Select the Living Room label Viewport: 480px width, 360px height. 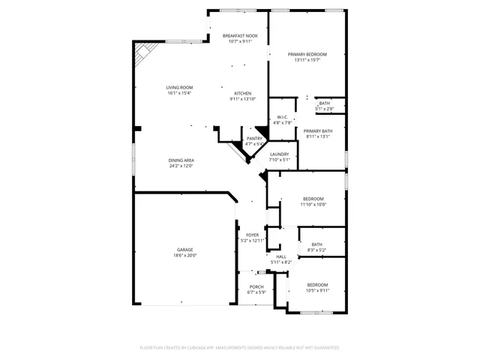[x=179, y=88]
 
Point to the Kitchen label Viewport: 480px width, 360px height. [x=242, y=94]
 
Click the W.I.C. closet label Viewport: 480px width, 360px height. [x=283, y=117]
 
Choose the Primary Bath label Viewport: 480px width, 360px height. [x=318, y=131]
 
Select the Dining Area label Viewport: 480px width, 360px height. [x=181, y=160]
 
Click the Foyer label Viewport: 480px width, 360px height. [x=253, y=235]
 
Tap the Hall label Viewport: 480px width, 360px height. [x=280, y=256]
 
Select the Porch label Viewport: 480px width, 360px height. [x=256, y=286]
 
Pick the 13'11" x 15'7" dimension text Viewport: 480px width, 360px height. [x=307, y=60]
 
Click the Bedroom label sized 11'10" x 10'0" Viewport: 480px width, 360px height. [x=313, y=199]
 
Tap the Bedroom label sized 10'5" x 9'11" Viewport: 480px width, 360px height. [x=317, y=285]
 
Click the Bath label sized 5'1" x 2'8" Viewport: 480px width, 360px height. [x=324, y=103]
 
